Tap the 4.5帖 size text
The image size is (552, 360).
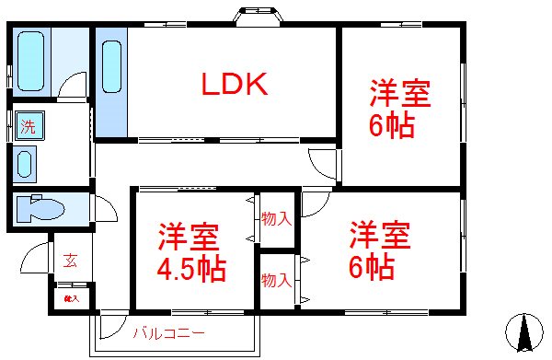192,271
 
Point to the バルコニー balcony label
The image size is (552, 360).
167,332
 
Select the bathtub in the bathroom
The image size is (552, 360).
32,59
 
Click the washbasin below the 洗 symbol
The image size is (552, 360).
27,164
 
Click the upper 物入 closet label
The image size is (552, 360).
276,219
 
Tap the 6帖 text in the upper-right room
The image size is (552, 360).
391,125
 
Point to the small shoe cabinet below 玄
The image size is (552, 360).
70,297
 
